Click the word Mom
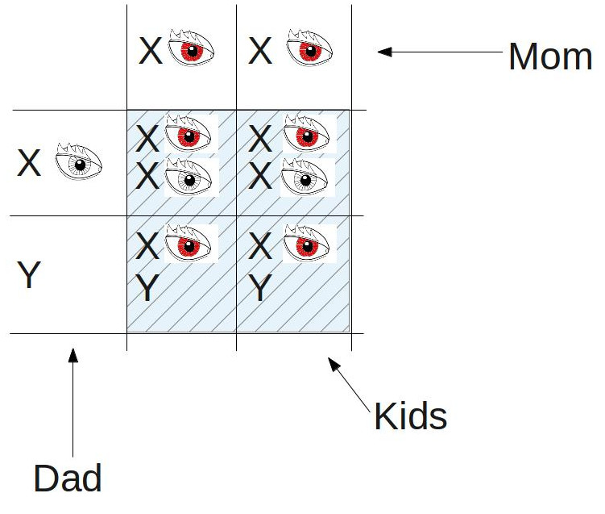coord(550,56)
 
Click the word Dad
coord(68,478)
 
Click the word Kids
coord(411,416)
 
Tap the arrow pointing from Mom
coord(440,52)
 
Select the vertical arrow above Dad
coord(73,403)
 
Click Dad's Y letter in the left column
coord(29,274)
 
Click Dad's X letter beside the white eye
coord(29,163)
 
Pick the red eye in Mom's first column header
coord(191,48)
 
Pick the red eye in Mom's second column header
coord(309,48)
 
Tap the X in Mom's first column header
coord(151,51)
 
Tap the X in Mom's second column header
coord(260,51)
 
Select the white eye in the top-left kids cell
coord(189,177)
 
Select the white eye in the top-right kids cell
coord(304,177)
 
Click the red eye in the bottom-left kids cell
coord(189,244)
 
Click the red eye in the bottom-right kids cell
coord(306,244)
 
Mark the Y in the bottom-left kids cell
coord(147,287)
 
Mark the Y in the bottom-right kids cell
coord(260,287)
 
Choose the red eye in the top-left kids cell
coord(189,133)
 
